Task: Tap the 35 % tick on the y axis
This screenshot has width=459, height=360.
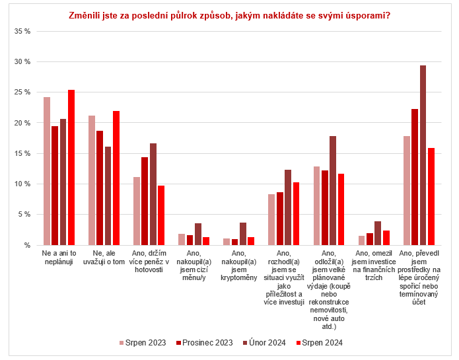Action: click(22, 31)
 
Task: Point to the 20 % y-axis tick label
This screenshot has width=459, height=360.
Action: click(22, 123)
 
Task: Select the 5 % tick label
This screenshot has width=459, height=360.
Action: click(24, 215)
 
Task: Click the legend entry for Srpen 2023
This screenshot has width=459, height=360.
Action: click(143, 343)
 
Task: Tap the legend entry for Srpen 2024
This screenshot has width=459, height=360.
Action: click(323, 343)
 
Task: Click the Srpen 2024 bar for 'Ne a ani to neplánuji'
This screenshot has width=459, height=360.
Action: click(71, 167)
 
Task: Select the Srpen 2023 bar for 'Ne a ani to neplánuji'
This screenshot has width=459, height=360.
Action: click(47, 171)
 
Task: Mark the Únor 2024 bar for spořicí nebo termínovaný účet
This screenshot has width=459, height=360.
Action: click(423, 155)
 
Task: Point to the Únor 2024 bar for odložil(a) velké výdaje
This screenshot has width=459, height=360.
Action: click(333, 190)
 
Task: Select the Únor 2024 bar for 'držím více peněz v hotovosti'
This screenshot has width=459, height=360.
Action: click(153, 194)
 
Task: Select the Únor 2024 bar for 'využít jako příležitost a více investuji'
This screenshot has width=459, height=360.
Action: click(288, 207)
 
